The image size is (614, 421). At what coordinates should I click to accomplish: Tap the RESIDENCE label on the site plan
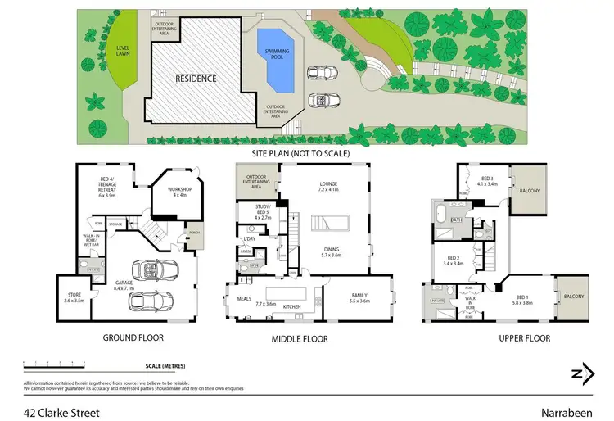tap(195, 79)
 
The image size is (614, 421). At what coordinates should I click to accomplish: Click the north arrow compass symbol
tap(582, 373)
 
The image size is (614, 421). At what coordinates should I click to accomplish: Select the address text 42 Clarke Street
tap(61, 413)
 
